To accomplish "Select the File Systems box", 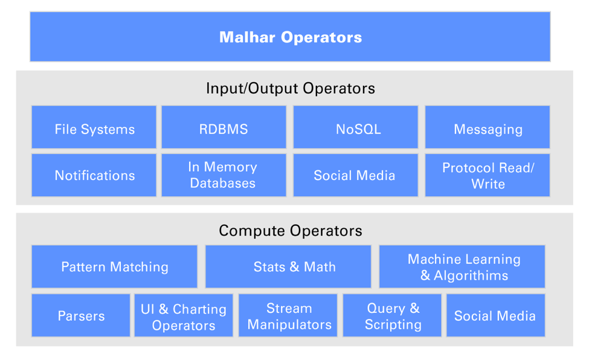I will [94, 128].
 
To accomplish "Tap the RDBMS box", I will [224, 128].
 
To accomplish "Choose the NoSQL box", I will [355, 128].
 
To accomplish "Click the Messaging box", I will [488, 128].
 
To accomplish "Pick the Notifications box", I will [94, 175].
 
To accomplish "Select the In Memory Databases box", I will [224, 175].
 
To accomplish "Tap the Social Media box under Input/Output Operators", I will [355, 175].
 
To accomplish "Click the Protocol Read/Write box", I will [488, 175].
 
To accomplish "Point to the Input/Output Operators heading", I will [291, 88].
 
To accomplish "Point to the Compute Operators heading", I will [291, 231].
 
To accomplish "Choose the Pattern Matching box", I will [114, 266].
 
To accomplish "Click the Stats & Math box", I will [288, 266].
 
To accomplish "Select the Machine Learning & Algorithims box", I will [462, 266].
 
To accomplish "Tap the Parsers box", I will [81, 315].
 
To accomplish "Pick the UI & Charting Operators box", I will [183, 315].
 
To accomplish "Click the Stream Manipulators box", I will [289, 315].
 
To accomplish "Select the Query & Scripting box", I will [393, 315].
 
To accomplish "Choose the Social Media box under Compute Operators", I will [495, 315].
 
